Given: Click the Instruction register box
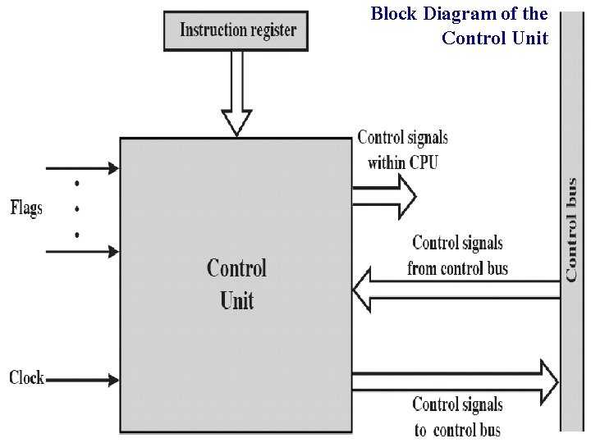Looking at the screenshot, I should pyautogui.click(x=236, y=30).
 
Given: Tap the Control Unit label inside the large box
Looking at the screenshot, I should pyautogui.click(x=236, y=284).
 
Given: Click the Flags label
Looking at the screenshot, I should pyautogui.click(x=26, y=208).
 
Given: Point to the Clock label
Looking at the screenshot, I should pyautogui.click(x=26, y=378).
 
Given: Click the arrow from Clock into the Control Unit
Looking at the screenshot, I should pyautogui.click(x=82, y=380).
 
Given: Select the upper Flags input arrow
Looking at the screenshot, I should pyautogui.click(x=82, y=168).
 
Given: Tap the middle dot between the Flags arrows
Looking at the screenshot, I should pyautogui.click(x=77, y=208).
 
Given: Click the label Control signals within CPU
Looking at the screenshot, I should pyautogui.click(x=402, y=150).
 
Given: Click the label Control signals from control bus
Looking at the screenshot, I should pyautogui.click(x=457, y=255).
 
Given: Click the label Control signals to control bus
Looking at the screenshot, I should pyautogui.click(x=457, y=417).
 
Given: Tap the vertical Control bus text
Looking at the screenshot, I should pyautogui.click(x=571, y=230).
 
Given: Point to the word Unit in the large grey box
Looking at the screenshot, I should pyautogui.click(x=236, y=300).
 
